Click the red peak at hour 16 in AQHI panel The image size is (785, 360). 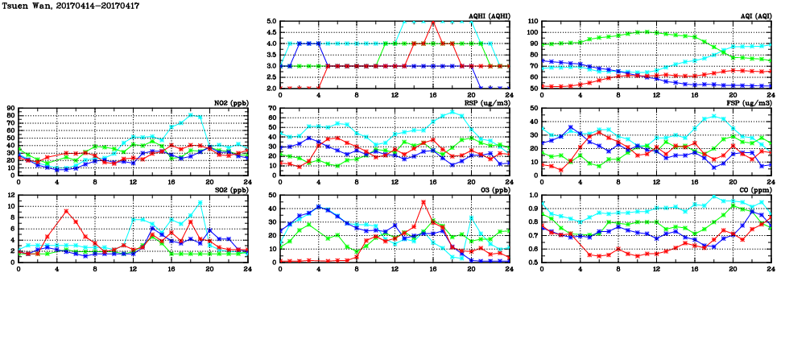(433, 23)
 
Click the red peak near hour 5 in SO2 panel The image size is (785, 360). (66, 211)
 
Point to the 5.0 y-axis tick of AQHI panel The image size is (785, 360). (271, 22)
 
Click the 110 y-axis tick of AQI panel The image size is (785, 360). (531, 22)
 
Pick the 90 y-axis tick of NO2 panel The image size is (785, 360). (10, 109)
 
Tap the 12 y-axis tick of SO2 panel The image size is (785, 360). (10, 196)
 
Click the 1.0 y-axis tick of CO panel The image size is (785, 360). (531, 196)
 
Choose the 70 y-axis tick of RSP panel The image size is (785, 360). (271, 109)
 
